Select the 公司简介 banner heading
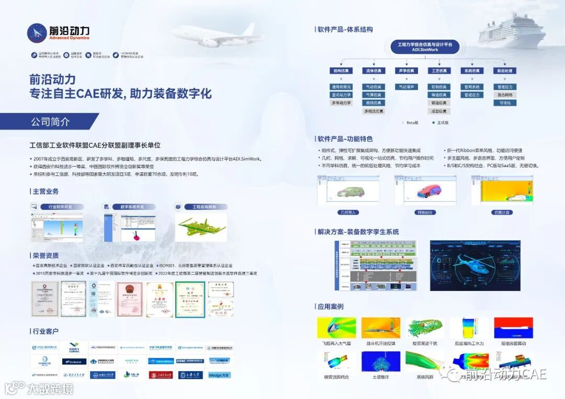(50, 122)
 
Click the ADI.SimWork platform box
(425, 46)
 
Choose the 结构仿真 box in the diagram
(342, 71)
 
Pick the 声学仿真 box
(406, 71)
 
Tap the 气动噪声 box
(406, 87)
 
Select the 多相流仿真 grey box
(374, 111)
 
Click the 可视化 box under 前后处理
(505, 103)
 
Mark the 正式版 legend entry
(439, 123)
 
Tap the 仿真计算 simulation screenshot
(502, 190)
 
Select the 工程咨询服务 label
(204, 207)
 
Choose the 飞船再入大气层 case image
(336, 327)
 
